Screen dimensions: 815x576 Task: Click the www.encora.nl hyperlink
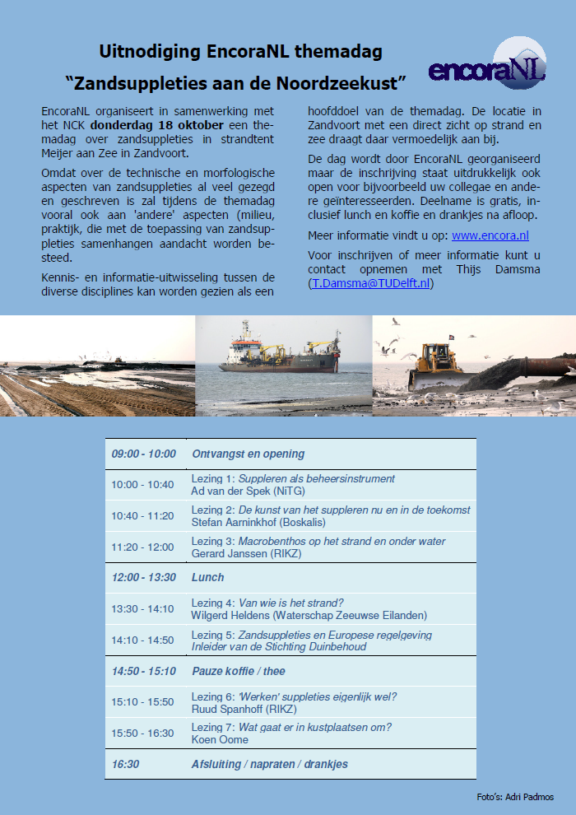tap(490, 236)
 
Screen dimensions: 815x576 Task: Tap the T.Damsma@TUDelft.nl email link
tap(370, 284)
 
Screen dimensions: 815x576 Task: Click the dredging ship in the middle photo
tap(280, 352)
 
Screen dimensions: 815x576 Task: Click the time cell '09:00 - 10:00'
tap(144, 454)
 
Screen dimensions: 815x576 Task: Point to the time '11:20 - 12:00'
tap(143, 547)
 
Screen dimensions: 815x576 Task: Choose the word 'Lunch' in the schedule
tap(208, 578)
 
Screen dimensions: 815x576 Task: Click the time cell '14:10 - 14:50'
tap(143, 640)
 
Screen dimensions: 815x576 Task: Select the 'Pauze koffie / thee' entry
tap(239, 671)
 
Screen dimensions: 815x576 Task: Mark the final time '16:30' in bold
tap(125, 764)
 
